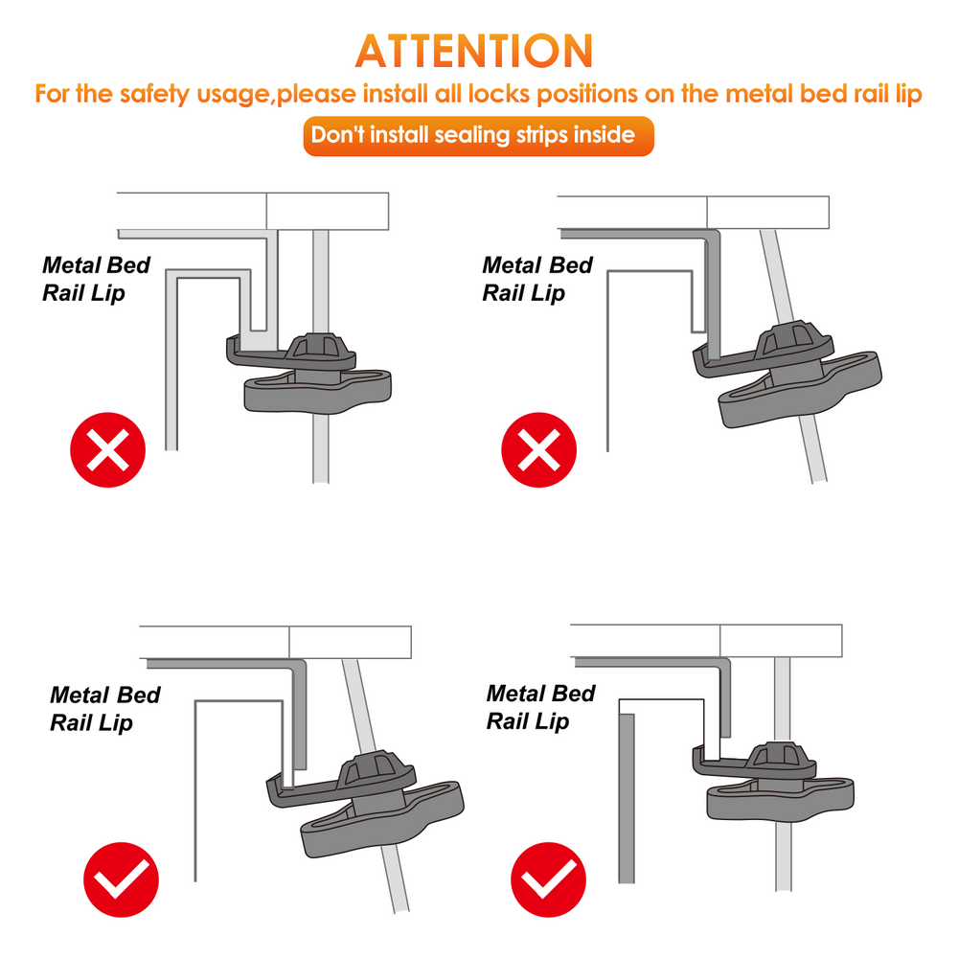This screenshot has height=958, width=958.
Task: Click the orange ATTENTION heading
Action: (x=474, y=52)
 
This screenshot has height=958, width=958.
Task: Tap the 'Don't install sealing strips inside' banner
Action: (x=478, y=136)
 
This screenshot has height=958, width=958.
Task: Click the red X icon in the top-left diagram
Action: (x=107, y=449)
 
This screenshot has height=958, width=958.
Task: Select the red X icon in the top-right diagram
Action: (x=538, y=449)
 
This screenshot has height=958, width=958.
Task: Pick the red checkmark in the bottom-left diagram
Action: (x=121, y=879)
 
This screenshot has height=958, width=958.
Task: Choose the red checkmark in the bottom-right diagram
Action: (x=548, y=879)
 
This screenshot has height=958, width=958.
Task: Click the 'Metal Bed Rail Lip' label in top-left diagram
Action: (x=96, y=279)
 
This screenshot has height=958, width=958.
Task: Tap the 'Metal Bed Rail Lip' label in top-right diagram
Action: (x=537, y=279)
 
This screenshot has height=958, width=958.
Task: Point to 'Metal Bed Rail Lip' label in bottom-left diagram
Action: (x=104, y=709)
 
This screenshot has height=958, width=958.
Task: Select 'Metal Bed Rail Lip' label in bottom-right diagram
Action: (x=540, y=708)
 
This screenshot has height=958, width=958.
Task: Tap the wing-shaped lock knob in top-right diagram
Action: (x=800, y=389)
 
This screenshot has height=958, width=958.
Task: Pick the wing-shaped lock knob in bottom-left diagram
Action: (x=382, y=819)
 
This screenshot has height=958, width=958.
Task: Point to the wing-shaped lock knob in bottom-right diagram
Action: (x=780, y=800)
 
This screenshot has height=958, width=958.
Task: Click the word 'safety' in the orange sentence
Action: (x=155, y=95)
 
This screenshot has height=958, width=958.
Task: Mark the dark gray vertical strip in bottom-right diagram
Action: (x=627, y=799)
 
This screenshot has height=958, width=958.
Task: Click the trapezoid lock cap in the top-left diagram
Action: (x=320, y=347)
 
